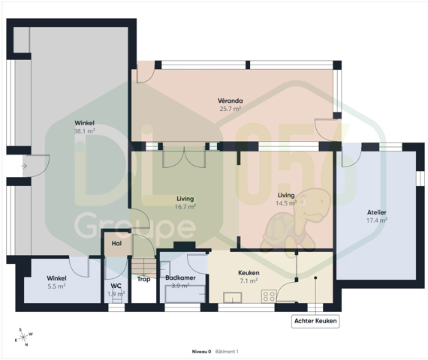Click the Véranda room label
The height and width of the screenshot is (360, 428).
click(230, 100)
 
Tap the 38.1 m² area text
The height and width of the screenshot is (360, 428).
click(84, 131)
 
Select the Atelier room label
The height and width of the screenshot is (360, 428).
click(377, 212)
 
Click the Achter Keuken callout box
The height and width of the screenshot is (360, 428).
click(315, 321)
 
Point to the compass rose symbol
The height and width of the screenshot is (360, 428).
click(24, 337)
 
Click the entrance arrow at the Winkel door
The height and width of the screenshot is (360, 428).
click(24, 166)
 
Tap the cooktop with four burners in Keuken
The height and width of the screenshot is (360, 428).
click(269, 296)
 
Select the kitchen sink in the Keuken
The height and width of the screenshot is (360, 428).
click(233, 298)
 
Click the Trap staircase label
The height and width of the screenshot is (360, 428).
click(143, 279)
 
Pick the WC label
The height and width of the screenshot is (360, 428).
click(116, 286)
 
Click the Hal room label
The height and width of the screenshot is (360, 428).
click(116, 243)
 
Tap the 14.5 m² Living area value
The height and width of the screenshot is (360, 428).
click(286, 203)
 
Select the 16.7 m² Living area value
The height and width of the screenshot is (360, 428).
click(185, 207)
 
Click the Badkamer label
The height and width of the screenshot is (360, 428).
click(180, 278)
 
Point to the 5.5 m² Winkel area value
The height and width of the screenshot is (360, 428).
click(56, 286)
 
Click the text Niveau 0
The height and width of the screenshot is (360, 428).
click(201, 352)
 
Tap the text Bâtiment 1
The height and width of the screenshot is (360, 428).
click(227, 352)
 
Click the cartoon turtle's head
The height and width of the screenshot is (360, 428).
click(312, 204)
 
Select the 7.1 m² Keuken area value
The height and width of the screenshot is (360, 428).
click(249, 280)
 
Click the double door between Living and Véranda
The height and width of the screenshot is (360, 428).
click(184, 157)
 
